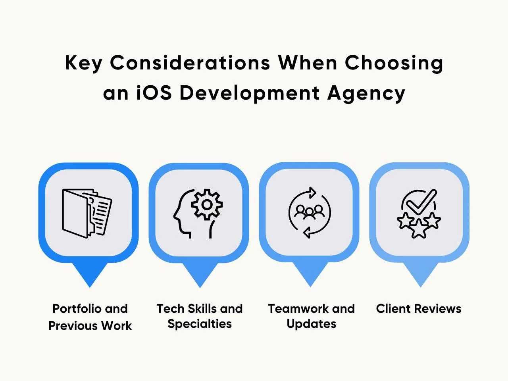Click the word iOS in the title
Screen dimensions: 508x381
tap(154, 93)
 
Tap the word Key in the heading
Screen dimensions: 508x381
tap(84, 63)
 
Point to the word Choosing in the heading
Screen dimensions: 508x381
tap(394, 63)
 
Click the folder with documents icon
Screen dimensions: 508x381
tap(87, 213)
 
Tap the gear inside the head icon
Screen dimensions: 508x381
tap(207, 204)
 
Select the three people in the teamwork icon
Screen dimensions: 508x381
tap(310, 212)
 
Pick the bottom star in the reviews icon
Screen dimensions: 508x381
tap(419, 229)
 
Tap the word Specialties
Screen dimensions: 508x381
tap(200, 324)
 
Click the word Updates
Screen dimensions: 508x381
tap(311, 324)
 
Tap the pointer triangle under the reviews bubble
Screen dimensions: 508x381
tap(421, 275)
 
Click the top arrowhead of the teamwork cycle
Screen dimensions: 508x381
tap(312, 193)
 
